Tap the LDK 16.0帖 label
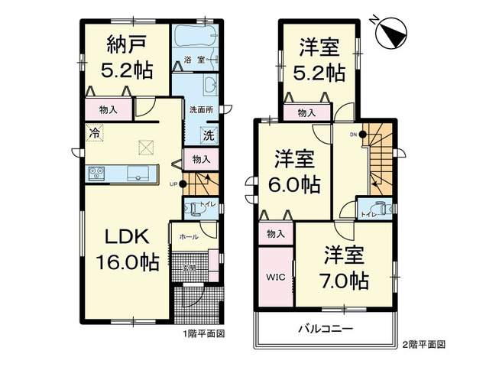coord(126,249)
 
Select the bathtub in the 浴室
coord(196,37)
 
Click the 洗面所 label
coord(201,110)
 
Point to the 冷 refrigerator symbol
coord(95,133)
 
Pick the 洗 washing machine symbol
coord(207,135)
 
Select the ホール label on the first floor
coord(186,238)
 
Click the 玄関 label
coord(190,268)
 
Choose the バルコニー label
coord(325,330)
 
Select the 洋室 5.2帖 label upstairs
coord(319,60)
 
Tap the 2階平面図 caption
coord(423,345)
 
